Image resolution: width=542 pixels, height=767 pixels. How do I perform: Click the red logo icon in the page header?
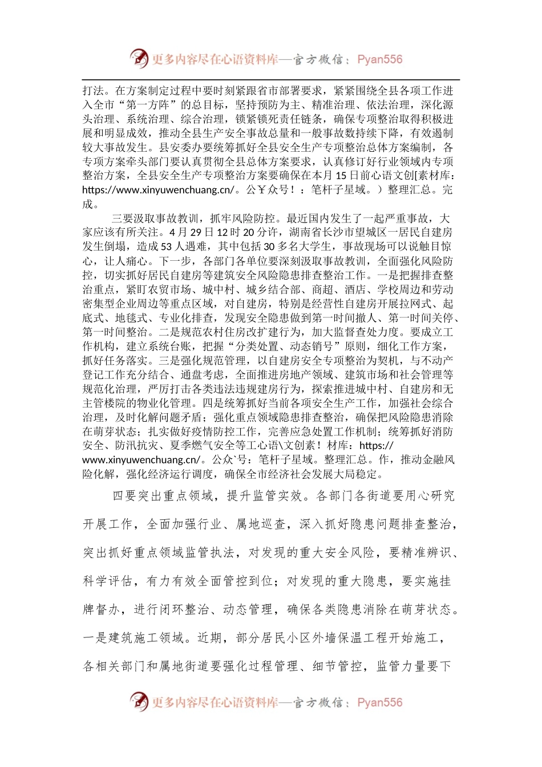[139, 59]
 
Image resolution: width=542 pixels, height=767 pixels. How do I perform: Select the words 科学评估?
[108, 582]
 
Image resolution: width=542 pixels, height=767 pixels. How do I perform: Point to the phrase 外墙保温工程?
[346, 638]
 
